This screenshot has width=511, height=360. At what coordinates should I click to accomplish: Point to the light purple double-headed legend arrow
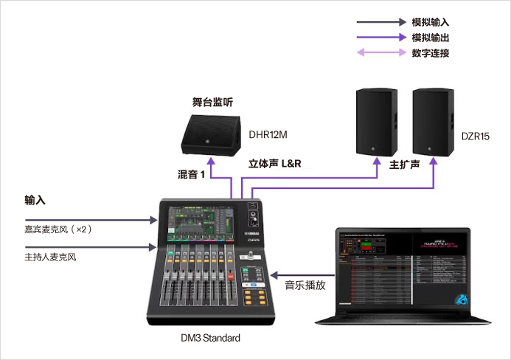[x=380, y=52]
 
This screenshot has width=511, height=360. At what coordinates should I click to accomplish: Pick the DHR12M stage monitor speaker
[x=212, y=136]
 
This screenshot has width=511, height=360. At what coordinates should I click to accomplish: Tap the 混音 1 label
[x=191, y=175]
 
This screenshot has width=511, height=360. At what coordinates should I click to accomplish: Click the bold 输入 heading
[x=35, y=200]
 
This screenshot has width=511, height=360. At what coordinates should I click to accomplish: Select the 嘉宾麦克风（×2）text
[x=58, y=229]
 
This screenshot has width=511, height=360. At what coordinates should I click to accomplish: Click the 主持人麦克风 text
[x=51, y=257]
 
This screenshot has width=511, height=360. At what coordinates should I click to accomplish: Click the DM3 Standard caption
[x=211, y=338]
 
